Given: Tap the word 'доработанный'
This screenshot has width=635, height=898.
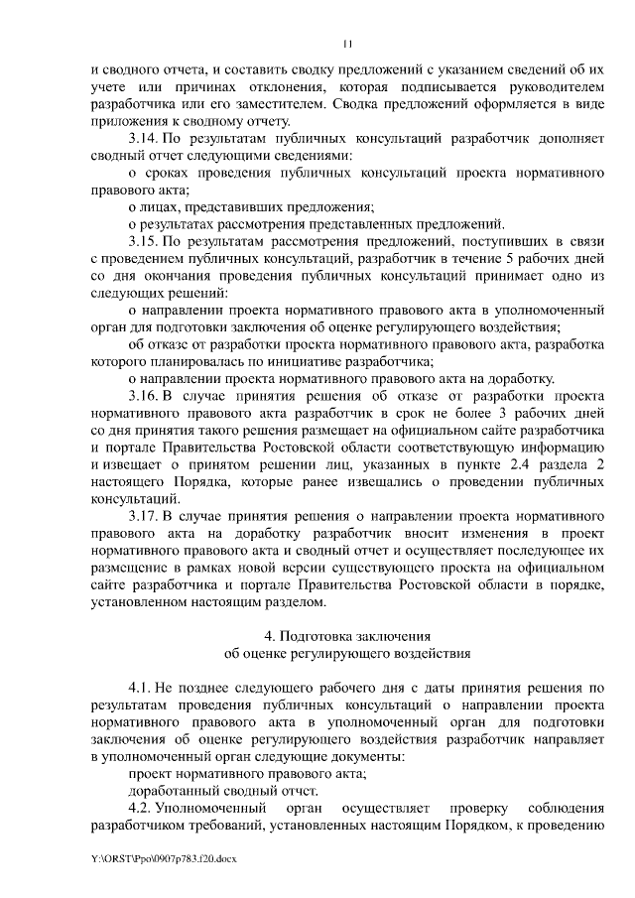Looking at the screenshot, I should tap(173, 791).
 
